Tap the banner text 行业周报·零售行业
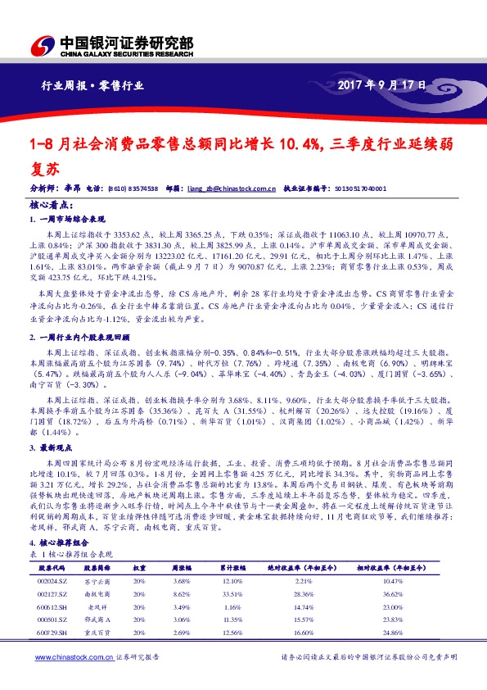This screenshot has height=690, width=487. pyautogui.click(x=92, y=85)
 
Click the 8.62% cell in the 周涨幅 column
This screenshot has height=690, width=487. pyautogui.click(x=183, y=593)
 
